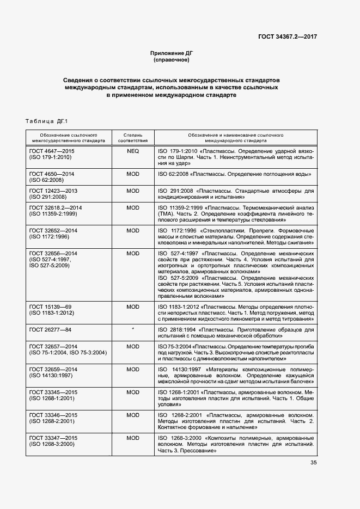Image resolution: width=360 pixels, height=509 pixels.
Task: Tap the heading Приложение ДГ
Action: [172, 53]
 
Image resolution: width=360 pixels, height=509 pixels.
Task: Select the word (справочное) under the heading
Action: [172, 59]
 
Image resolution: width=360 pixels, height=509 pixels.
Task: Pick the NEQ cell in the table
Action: [133, 150]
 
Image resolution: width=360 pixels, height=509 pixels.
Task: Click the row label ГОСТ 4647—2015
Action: [52, 150]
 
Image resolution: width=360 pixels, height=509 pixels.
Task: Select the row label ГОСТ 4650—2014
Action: [52, 174]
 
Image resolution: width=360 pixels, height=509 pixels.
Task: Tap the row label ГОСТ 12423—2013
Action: [53, 191]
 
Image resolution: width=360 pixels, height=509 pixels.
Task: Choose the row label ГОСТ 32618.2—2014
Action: [56, 208]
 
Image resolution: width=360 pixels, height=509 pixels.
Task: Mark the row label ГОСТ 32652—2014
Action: [53, 231]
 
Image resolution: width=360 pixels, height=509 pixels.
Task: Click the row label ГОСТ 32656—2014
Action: [53, 254]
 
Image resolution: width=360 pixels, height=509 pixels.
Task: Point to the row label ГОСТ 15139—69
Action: [50, 307]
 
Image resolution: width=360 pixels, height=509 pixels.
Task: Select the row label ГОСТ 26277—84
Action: [50, 330]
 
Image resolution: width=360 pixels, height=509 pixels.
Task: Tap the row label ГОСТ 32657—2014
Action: [53, 346]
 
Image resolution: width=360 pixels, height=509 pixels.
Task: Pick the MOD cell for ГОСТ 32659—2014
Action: [133, 369]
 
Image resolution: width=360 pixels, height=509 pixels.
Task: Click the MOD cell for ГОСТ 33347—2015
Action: [133, 438]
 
